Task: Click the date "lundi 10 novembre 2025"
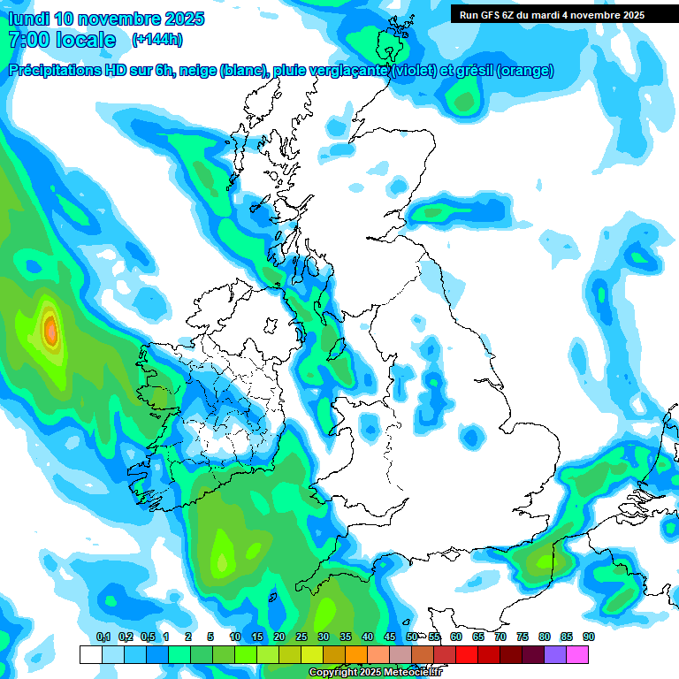point(106,19)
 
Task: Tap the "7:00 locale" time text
point(62,40)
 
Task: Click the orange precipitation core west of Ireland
point(50,332)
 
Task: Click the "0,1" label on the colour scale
point(103,637)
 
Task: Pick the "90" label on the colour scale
point(589,637)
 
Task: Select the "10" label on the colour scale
point(235,637)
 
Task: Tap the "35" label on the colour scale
point(346,637)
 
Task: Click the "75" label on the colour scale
point(523,637)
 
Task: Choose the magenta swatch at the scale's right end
point(577,654)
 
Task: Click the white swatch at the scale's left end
point(90,654)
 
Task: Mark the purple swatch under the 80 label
point(555,654)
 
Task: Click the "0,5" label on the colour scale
point(147,637)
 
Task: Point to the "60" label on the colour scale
point(456,637)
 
